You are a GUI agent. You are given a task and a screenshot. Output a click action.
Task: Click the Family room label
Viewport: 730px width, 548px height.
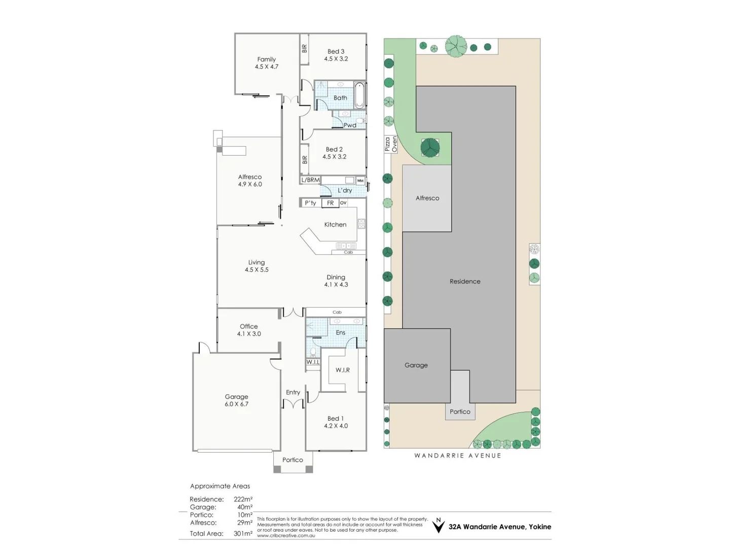pos(266,59)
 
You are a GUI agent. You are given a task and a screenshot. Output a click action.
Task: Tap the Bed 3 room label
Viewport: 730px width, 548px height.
pos(336,51)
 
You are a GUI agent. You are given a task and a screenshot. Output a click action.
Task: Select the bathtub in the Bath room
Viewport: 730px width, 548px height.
pos(359,95)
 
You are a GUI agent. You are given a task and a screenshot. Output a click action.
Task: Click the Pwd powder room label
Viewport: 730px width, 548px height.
pos(349,125)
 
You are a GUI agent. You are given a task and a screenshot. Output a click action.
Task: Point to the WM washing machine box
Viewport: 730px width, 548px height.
pos(360,181)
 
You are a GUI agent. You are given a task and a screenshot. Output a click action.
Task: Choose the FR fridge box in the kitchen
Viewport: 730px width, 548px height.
pos(330,203)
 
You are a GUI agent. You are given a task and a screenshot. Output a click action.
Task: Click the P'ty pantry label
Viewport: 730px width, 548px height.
pos(310,203)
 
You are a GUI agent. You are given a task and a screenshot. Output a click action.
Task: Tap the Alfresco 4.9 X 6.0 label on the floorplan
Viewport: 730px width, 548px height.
pos(250,181)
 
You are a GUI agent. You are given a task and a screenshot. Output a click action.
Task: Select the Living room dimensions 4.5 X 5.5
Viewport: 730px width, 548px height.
pos(257,270)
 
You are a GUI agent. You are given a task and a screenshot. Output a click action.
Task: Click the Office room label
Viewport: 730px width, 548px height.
pos(248,326)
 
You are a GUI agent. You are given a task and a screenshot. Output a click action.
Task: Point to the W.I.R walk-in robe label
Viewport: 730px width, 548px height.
pos(342,370)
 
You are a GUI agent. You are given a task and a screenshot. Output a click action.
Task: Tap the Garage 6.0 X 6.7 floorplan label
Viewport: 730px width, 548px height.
pos(236,400)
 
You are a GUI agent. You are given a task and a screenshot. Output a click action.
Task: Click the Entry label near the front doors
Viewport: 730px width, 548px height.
pos(293,392)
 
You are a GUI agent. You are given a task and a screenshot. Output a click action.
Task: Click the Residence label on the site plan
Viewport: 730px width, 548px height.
pos(465,281)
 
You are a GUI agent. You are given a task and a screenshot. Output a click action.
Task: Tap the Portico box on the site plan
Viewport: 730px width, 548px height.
pos(460,412)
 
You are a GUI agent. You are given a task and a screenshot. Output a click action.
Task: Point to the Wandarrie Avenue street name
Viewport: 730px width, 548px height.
pos(458,456)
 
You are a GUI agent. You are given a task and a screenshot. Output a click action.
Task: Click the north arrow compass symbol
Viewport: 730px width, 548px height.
pos(438,526)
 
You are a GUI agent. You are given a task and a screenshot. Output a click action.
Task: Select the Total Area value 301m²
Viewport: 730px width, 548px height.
pos(243,534)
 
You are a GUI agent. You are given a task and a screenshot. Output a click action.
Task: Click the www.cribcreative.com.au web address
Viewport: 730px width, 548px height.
pos(286,535)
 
